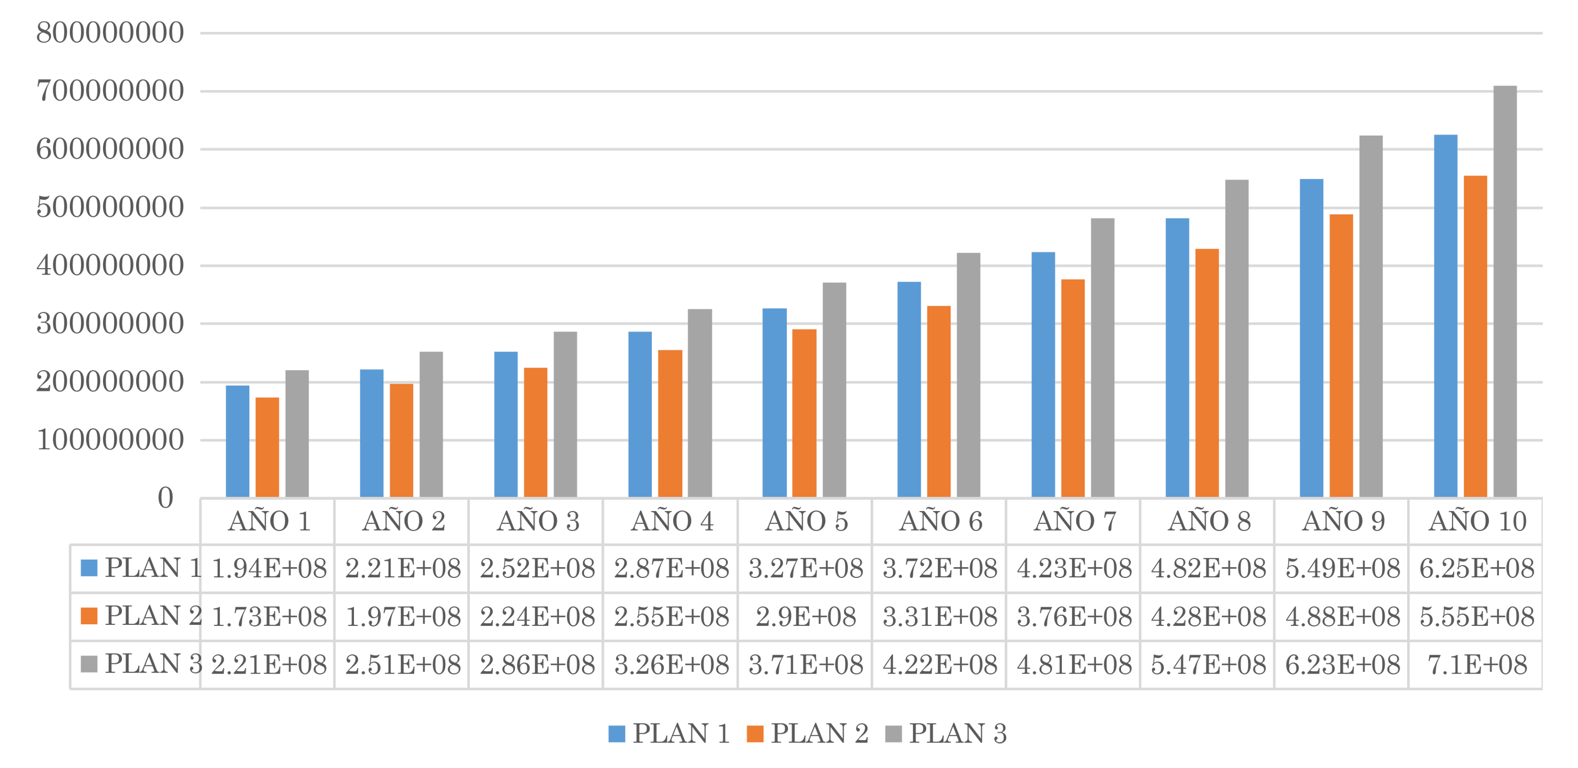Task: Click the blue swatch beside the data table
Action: point(89,568)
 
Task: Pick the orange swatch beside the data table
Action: point(89,616)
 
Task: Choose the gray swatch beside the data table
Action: point(89,664)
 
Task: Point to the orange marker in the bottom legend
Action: point(752,726)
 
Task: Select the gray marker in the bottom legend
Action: point(891,726)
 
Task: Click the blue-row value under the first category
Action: point(267,568)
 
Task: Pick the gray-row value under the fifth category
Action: point(805,664)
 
